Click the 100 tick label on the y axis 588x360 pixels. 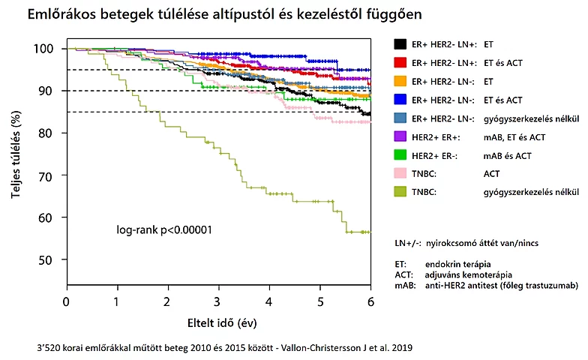(46, 49)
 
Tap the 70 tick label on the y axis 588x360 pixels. (49, 175)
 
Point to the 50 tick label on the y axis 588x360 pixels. (49, 260)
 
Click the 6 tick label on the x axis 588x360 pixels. (370, 301)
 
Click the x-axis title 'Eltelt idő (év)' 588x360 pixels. (218, 323)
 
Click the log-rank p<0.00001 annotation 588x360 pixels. (163, 229)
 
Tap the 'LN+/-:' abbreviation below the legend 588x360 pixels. (406, 244)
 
